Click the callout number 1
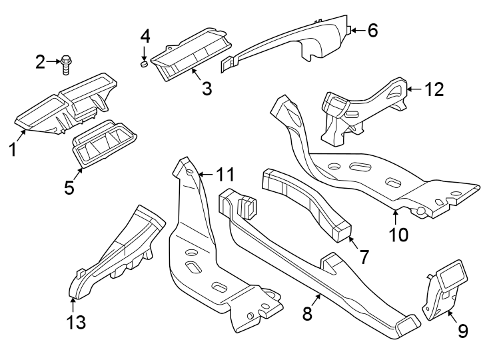tap(12, 149)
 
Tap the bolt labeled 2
tap(66, 64)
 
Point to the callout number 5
tap(69, 187)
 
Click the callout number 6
tap(372, 30)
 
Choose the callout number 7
tap(363, 257)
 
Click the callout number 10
tap(399, 234)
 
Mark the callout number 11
tap(226, 175)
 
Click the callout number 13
tap(76, 323)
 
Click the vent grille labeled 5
tap(105, 142)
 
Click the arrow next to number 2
tap(53, 63)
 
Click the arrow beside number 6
tap(356, 30)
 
